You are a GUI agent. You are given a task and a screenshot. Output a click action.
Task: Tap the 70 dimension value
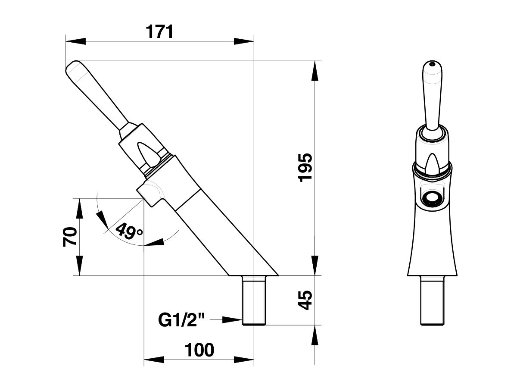[70, 237]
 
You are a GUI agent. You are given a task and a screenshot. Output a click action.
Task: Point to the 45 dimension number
[305, 300]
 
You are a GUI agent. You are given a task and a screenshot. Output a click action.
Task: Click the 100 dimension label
[199, 350]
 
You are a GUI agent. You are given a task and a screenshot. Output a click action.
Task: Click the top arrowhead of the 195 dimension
[316, 71]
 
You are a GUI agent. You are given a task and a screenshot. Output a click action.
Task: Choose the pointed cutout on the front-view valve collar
[432, 164]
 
